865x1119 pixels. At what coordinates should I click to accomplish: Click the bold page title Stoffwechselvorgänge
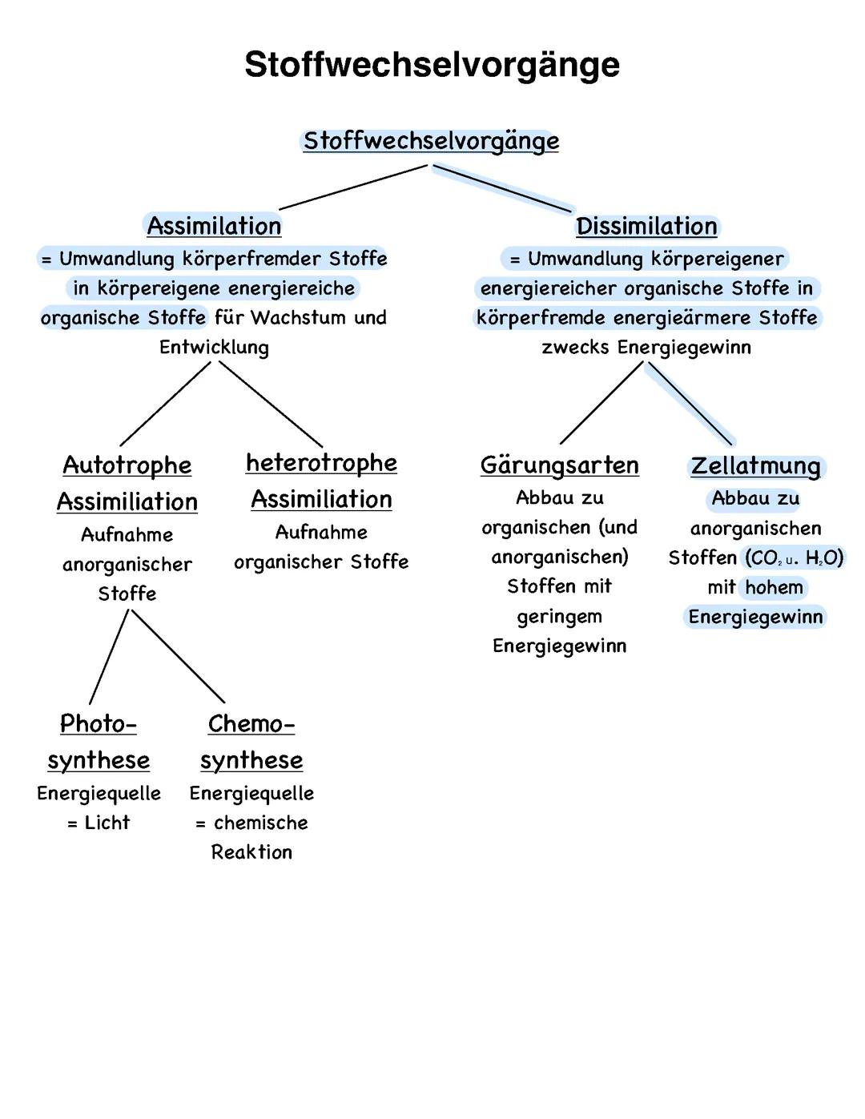432,65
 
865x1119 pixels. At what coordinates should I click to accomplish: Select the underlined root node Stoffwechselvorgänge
431,142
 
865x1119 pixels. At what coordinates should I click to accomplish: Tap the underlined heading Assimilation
214,226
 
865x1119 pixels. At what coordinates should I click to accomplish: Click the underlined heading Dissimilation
646,227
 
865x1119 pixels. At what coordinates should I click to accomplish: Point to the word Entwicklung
214,348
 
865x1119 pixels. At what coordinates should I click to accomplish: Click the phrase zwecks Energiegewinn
646,348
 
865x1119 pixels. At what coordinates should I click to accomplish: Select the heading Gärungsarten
559,465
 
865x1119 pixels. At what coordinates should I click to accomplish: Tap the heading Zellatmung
755,466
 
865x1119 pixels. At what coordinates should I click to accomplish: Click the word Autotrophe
127,465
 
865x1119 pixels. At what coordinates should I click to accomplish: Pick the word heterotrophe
321,463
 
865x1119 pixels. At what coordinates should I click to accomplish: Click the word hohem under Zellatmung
774,588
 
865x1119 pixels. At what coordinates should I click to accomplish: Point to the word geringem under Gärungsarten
559,617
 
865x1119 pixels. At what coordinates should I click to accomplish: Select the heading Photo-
99,724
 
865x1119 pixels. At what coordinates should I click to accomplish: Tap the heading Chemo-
251,724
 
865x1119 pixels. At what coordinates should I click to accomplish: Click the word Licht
107,823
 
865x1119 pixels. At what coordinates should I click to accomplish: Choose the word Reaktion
251,852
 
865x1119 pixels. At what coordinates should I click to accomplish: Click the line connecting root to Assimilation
352,187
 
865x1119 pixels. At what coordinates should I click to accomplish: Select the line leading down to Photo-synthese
109,657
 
